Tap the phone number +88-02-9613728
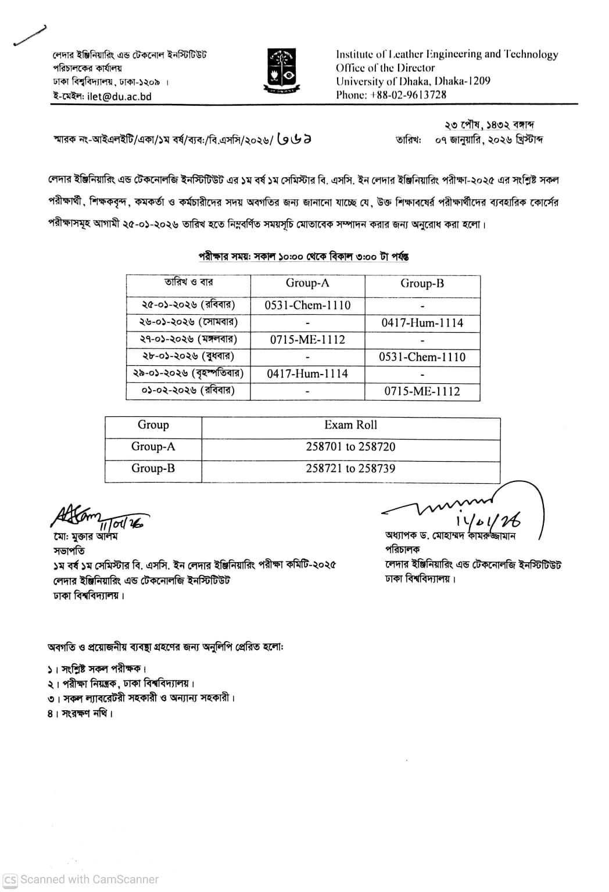coord(408,95)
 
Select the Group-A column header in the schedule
coord(307,283)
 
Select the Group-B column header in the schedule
coord(422,283)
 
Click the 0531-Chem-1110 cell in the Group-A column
coord(307,305)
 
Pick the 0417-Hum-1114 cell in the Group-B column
coord(422,323)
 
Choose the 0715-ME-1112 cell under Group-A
coord(307,340)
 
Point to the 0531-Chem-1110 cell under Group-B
coord(422,357)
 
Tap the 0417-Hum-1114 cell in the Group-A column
coord(307,374)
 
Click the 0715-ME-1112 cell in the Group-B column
coord(422,391)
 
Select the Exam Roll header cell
coord(350,425)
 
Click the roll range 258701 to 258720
coord(350,447)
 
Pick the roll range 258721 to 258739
coord(350,468)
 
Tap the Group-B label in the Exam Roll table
coord(153,468)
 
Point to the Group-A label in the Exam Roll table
coord(153,447)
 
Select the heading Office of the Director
coord(385,67)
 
